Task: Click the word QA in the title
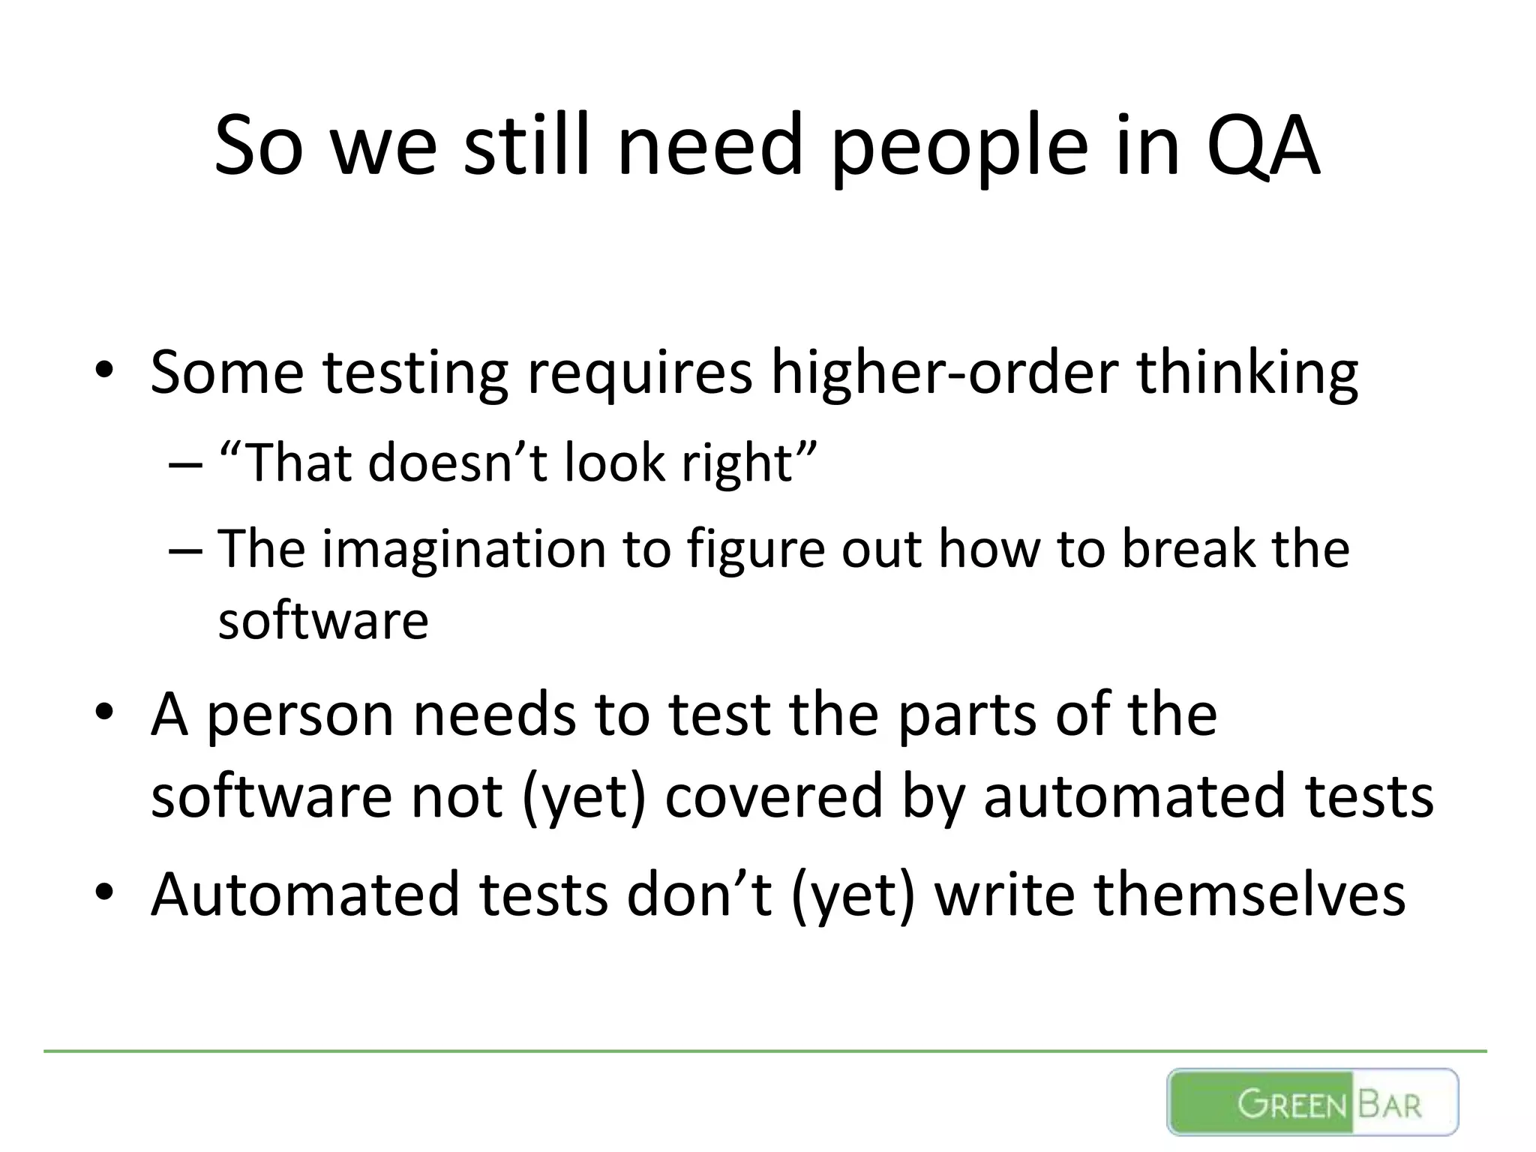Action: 1263,146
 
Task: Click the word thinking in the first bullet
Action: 1247,373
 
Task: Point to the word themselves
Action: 1249,894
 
